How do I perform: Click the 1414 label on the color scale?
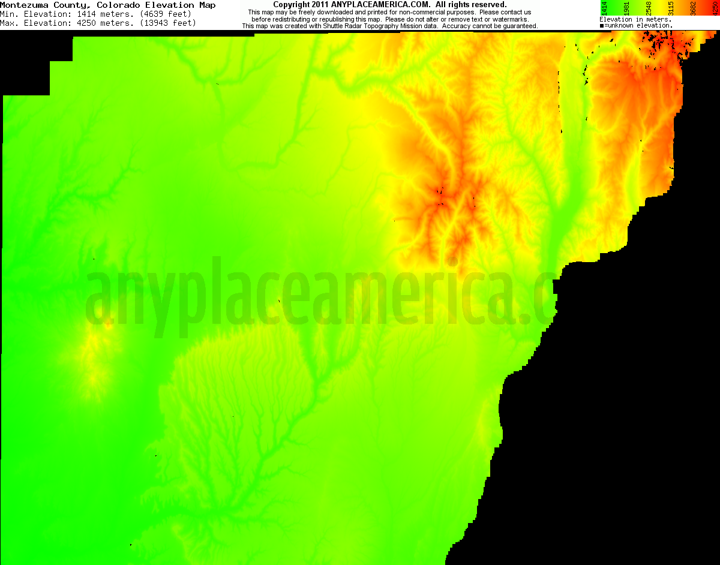pos(604,8)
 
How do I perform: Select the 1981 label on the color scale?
pos(626,8)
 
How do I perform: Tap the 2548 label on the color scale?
pos(649,8)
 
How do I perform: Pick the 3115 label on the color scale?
pos(671,8)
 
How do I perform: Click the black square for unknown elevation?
pos(602,26)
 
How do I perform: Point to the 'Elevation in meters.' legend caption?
pos(635,19)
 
